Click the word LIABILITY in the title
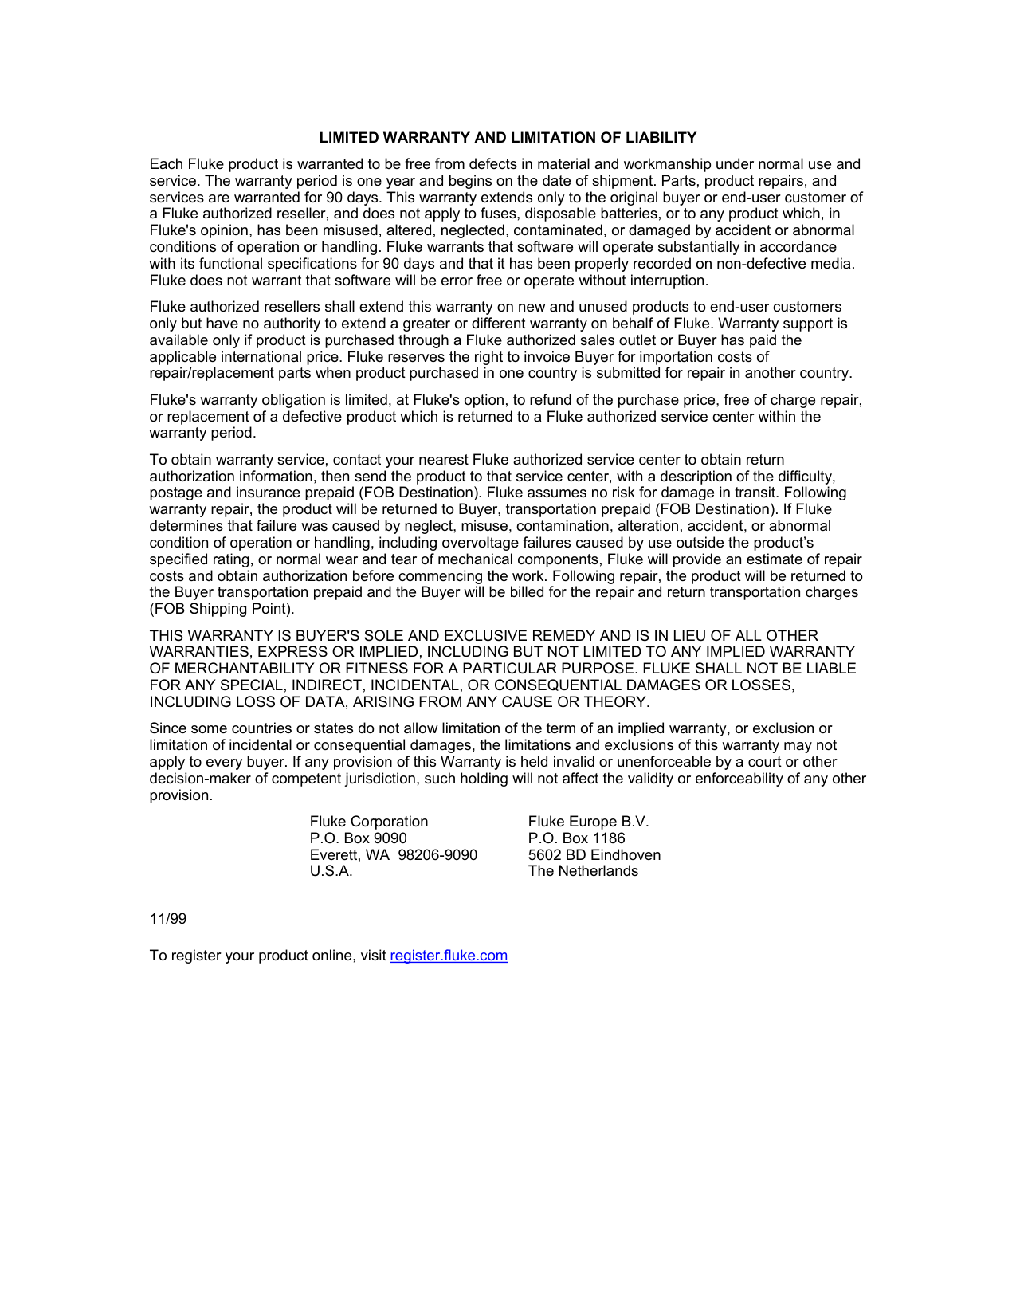pyautogui.click(x=661, y=138)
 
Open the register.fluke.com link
pyautogui.click(x=449, y=956)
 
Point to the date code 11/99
pyautogui.click(x=168, y=919)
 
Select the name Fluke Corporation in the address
pyautogui.click(x=369, y=822)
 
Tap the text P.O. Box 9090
pyautogui.click(x=359, y=838)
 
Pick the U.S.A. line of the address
pyautogui.click(x=331, y=871)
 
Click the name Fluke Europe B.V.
pyautogui.click(x=589, y=822)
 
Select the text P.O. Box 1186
pyautogui.click(x=577, y=838)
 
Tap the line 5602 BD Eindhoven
pyautogui.click(x=594, y=855)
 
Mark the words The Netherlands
pyautogui.click(x=583, y=871)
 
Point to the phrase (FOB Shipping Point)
pyautogui.click(x=222, y=609)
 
